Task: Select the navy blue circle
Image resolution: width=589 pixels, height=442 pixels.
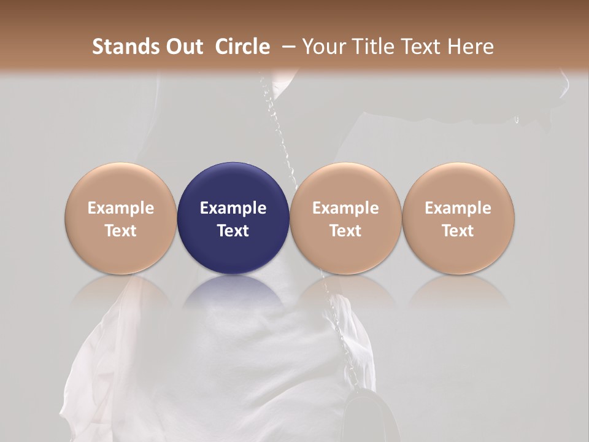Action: pos(233,218)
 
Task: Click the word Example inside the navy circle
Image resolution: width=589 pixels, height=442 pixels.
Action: pos(233,208)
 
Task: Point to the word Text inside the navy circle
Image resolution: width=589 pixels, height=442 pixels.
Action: pos(233,231)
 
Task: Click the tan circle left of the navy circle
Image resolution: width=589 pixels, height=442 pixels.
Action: pos(121,218)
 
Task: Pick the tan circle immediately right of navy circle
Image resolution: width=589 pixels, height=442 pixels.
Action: pos(345,218)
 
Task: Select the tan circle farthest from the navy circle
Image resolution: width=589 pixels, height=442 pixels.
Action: pos(458,218)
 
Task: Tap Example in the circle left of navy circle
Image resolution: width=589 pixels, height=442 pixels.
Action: pos(121,208)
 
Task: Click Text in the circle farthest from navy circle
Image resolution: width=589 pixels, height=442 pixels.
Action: pos(458,231)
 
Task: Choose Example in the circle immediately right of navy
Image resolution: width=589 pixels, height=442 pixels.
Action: pos(345,208)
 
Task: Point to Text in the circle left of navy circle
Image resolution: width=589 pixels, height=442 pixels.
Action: pos(121,231)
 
